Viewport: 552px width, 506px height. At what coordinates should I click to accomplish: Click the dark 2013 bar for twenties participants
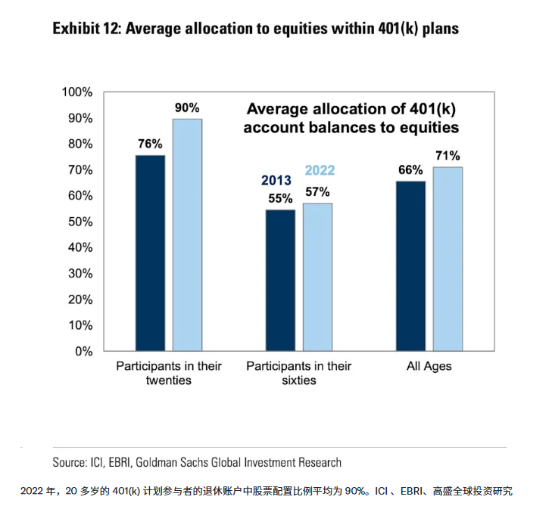pos(150,253)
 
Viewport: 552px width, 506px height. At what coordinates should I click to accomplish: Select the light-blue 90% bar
pos(187,234)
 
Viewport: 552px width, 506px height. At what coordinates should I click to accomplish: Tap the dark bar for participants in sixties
pos(281,280)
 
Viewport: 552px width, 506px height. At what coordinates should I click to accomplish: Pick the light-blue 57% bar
pos(317,277)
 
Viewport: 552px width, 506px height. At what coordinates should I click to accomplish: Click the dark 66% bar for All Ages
pos(411,265)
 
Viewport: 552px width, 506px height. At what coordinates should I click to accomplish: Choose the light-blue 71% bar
pos(448,259)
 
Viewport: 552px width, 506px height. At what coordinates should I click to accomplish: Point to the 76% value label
pos(150,144)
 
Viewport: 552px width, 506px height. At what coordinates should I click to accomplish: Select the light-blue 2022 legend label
pos(320,171)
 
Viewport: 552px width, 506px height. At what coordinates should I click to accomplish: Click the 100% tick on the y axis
pos(76,92)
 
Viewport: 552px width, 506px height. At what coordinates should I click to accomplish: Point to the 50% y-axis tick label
pos(79,222)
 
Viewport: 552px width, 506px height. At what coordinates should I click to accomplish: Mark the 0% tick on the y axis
pos(82,351)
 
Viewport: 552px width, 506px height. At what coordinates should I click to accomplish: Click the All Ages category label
pos(429,367)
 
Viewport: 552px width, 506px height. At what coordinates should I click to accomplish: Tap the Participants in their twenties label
pos(168,374)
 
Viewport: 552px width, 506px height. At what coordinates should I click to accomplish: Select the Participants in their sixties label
pos(299,374)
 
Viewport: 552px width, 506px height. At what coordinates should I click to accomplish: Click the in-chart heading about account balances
pos(351,117)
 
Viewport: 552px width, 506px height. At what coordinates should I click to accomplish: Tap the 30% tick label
pos(79,273)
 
